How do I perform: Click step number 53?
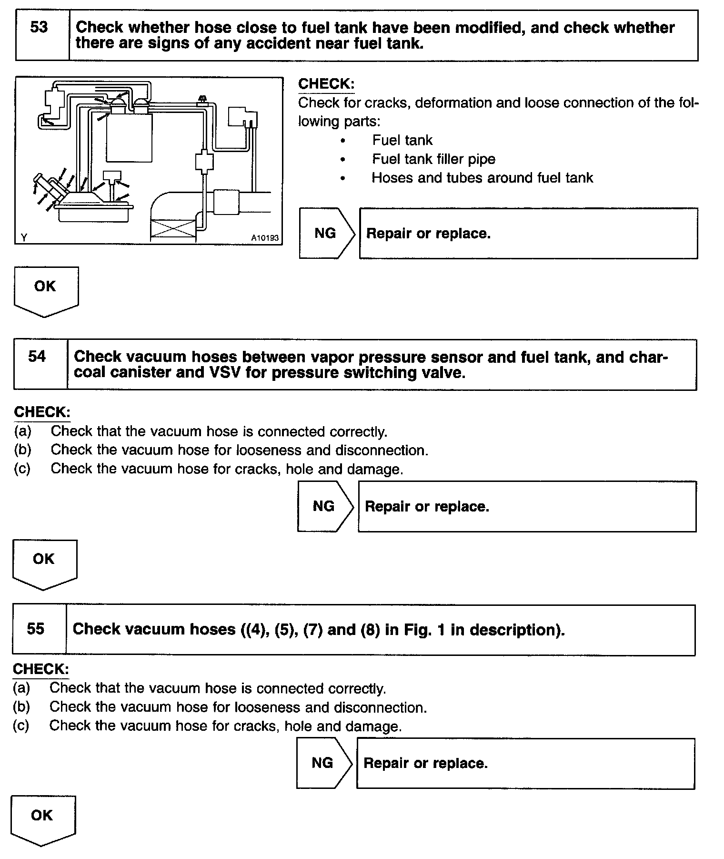click(39, 27)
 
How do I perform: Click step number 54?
click(38, 357)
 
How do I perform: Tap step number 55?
click(36, 629)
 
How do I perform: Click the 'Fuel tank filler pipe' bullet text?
click(433, 159)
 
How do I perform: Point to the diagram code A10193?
click(264, 238)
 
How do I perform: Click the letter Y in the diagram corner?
click(24, 237)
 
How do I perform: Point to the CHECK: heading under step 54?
click(42, 412)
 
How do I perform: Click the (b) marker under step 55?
click(21, 707)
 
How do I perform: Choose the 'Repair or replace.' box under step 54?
click(526, 506)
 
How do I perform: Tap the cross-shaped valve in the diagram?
click(204, 161)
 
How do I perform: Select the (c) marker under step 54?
click(22, 469)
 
